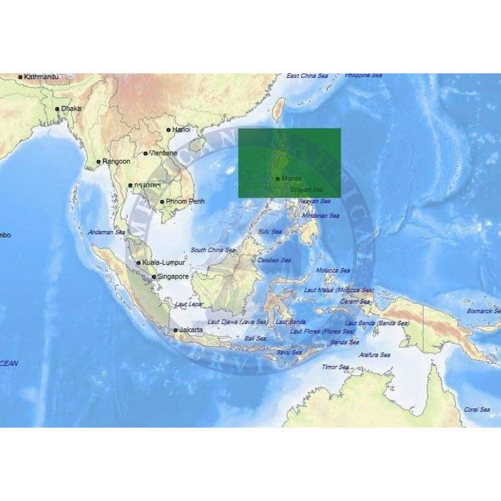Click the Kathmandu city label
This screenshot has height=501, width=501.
click(x=41, y=77)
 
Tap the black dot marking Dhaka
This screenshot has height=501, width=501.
click(x=57, y=109)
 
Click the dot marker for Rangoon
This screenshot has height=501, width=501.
click(x=98, y=161)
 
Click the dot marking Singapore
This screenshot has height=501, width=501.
click(x=154, y=277)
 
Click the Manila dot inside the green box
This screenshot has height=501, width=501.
click(x=278, y=179)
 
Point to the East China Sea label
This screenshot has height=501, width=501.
click(x=307, y=76)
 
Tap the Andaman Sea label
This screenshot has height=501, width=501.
click(x=107, y=232)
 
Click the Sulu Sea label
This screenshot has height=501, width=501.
click(x=270, y=231)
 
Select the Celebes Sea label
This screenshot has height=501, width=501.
click(x=274, y=260)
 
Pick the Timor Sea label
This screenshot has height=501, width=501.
click(x=335, y=367)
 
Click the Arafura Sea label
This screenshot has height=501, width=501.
click(x=374, y=355)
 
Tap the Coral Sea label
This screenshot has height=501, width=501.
click(x=477, y=410)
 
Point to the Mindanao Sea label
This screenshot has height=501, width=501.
click(x=320, y=216)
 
